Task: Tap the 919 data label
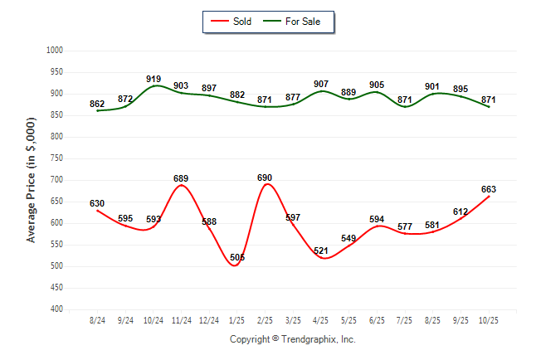click(153, 79)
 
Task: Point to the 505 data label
click(237, 258)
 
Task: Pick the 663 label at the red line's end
click(488, 189)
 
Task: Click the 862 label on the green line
click(97, 104)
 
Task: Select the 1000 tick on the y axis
click(56, 51)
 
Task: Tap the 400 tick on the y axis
click(57, 309)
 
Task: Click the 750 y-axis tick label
click(57, 158)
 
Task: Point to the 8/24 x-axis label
click(97, 320)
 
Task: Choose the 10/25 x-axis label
click(488, 320)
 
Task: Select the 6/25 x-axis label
click(377, 320)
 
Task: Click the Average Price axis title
click(32, 180)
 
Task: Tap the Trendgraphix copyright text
click(292, 340)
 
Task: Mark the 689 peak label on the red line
click(181, 178)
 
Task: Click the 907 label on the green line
click(321, 83)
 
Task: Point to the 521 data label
click(321, 250)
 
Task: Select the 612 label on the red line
click(460, 212)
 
